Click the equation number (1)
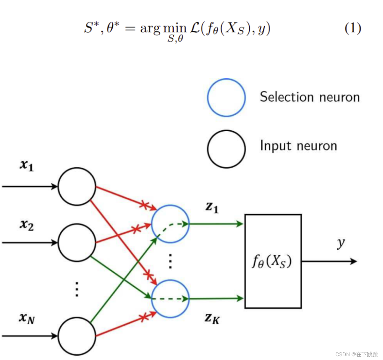pos(353,29)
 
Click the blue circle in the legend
pos(226,97)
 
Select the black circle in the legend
pos(226,149)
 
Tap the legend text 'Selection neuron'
pos(309,97)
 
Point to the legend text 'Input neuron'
pos(299,146)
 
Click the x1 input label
pos(27,165)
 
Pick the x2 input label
pos(27,225)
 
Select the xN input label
pos(27,318)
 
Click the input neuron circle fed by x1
pos(77,186)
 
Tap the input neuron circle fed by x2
pos(77,243)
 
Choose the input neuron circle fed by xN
pos(77,336)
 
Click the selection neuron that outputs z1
pos(170,224)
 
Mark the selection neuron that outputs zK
pos(170,299)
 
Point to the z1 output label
pos(212,207)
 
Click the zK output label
pos(212,318)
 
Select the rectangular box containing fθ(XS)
pos(273,261)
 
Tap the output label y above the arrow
pos(341,243)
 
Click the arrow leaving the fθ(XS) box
pos(329,261)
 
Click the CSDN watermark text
pos(356,354)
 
